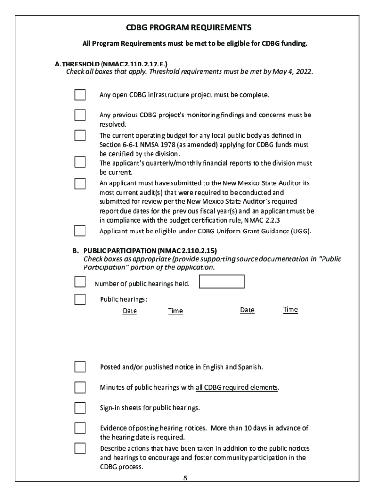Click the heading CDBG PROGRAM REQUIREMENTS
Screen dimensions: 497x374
(189, 27)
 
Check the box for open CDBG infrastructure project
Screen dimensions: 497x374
(80, 95)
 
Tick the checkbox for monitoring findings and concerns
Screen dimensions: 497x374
(80, 116)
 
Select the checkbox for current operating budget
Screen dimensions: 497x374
(80, 135)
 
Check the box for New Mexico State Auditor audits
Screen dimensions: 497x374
(80, 183)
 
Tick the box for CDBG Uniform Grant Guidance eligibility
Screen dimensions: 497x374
(80, 231)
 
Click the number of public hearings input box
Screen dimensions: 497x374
(222, 282)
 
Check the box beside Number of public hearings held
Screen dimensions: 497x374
(80, 282)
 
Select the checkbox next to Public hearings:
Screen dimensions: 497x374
(80, 299)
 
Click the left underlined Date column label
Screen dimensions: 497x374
(130, 311)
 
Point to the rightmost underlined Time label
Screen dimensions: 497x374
(290, 309)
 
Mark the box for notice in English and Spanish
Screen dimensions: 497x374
(80, 367)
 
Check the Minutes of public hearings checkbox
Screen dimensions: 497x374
(80, 387)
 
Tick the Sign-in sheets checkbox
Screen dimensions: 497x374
(80, 407)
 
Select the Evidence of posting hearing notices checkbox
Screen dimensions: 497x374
(80, 428)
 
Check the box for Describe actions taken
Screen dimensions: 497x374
(80, 448)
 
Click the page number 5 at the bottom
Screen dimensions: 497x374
(185, 478)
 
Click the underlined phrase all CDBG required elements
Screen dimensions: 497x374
(237, 387)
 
